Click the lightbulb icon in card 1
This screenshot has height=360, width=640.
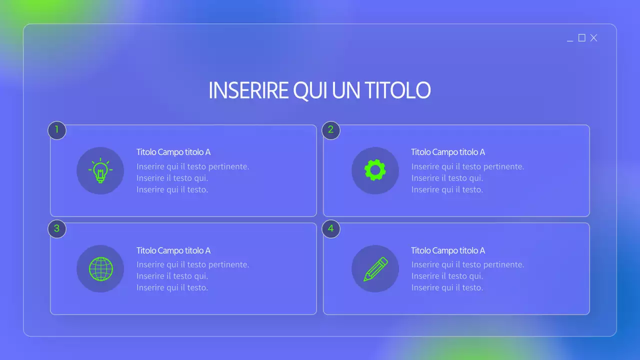tap(100, 170)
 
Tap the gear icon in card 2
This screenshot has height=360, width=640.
tap(375, 170)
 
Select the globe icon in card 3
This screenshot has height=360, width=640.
tap(100, 268)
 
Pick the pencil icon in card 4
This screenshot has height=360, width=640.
tap(375, 268)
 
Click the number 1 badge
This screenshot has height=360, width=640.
tap(57, 130)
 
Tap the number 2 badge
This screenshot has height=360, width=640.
tap(331, 130)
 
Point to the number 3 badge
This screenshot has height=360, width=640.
tap(57, 229)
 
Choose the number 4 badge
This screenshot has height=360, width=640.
tap(331, 229)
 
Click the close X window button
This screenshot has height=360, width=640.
tap(593, 38)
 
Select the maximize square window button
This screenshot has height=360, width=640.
tap(581, 38)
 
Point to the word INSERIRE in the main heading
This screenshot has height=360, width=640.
tap(248, 90)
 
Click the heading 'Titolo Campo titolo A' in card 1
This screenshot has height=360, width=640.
tap(173, 152)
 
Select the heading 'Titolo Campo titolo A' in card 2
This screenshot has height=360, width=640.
tap(448, 152)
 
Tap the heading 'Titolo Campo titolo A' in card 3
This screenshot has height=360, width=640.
tap(173, 250)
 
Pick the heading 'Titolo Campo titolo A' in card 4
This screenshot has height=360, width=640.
tap(448, 250)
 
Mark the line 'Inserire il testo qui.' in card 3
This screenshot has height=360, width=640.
tap(172, 276)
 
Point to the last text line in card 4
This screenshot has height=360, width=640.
tap(447, 287)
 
